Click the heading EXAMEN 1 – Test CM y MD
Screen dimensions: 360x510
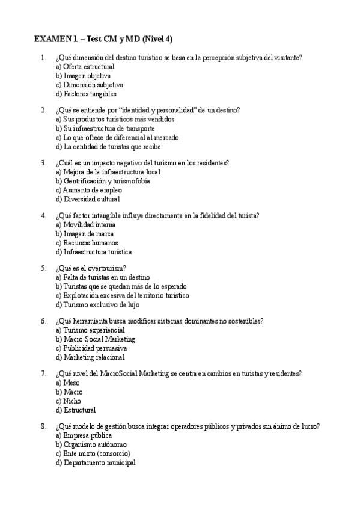click(103, 39)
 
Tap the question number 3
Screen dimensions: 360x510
click(43, 162)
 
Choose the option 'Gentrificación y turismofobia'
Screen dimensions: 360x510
click(102, 181)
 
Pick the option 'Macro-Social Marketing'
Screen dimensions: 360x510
click(95, 339)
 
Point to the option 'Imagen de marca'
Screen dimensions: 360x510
click(84, 233)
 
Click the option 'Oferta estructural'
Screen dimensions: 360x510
click(84, 67)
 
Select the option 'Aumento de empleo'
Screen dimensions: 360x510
click(88, 190)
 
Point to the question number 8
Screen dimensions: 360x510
click(43, 426)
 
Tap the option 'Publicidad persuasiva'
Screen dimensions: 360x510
click(91, 348)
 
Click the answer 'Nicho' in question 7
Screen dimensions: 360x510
click(67, 401)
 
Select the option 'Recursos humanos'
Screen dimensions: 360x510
click(87, 242)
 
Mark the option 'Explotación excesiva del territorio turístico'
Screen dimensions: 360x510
click(121, 295)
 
